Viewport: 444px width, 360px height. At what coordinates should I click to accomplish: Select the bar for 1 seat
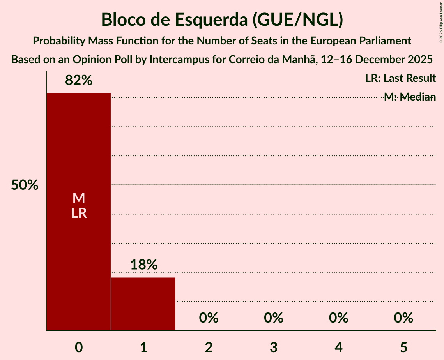[143, 304]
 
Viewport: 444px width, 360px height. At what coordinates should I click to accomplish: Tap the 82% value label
[79, 81]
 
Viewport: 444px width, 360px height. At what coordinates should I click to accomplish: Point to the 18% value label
[143, 265]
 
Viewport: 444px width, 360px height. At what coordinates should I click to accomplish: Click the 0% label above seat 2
[209, 318]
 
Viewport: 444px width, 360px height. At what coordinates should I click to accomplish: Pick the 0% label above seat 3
[274, 318]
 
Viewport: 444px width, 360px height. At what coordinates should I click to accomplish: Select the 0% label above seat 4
[338, 318]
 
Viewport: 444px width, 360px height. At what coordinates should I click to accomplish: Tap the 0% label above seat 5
[403, 318]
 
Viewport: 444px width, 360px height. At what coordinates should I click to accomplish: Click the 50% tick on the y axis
[25, 185]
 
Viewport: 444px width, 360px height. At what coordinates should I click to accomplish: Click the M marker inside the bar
[79, 198]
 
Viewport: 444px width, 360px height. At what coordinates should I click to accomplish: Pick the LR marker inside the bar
[79, 214]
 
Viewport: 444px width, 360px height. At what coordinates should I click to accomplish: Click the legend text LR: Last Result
[400, 78]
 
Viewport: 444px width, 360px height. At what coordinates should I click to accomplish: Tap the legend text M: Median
[410, 97]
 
